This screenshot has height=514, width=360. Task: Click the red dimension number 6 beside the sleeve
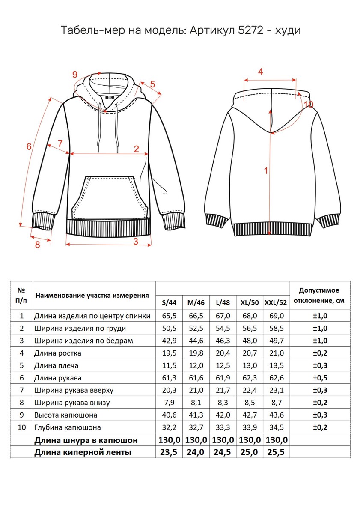tap(29, 146)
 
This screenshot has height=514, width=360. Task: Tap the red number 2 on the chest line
tap(136, 149)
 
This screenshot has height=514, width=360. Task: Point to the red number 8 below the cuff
tap(37, 245)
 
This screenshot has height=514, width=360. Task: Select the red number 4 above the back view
tap(260, 72)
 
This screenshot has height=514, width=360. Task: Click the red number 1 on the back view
tap(266, 170)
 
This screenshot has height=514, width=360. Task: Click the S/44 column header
tap(169, 302)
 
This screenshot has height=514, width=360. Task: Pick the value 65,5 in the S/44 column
tap(169, 316)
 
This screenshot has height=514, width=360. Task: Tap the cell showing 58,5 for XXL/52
tap(276, 329)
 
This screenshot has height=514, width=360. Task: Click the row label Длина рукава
tap(58, 378)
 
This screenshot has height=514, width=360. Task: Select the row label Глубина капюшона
tap(68, 427)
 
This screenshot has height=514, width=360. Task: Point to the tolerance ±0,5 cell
tap(320, 378)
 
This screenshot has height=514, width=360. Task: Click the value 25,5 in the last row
tap(276, 452)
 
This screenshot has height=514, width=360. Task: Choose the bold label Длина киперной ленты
tap(83, 452)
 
